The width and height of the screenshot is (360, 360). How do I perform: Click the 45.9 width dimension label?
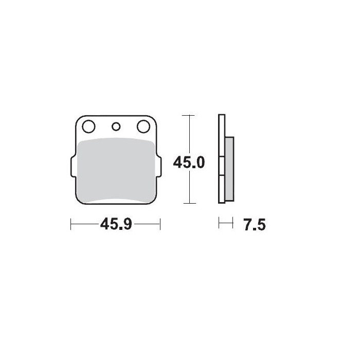[x=116, y=224]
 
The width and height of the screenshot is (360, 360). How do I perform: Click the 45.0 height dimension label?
[x=189, y=163]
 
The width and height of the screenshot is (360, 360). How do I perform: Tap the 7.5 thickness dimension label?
[x=255, y=225]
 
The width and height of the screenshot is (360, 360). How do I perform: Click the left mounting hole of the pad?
[x=88, y=127]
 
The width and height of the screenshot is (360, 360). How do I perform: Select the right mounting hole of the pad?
[x=143, y=127]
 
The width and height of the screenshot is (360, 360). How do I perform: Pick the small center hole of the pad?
[x=116, y=127]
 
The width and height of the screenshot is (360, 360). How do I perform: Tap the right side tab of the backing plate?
[x=159, y=166]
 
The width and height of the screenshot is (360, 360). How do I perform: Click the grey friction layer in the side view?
[x=229, y=169]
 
